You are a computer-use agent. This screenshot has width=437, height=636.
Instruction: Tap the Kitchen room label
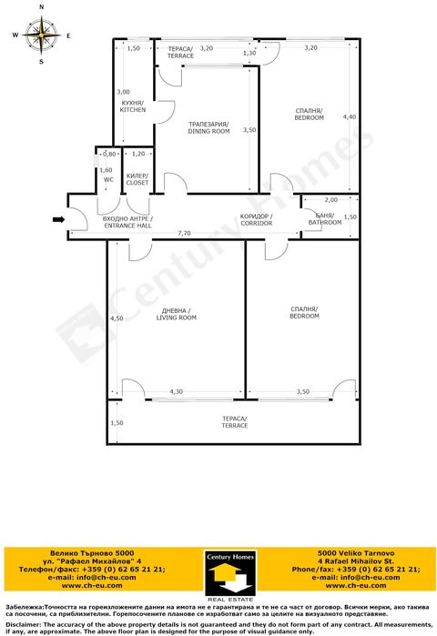(133, 106)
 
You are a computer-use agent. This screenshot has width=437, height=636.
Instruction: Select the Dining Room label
(208, 127)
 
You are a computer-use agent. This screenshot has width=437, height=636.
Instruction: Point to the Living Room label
(177, 315)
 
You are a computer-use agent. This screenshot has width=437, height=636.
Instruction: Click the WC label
(107, 179)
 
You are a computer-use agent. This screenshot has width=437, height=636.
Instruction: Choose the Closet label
(137, 179)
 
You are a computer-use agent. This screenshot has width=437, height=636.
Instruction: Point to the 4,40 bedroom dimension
(350, 117)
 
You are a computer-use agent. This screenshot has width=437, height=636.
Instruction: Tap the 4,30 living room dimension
(176, 392)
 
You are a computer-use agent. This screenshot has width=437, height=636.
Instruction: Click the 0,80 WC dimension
(107, 154)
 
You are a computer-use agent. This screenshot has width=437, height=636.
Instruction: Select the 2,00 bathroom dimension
(330, 200)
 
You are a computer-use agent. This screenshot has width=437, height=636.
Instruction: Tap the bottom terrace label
(234, 421)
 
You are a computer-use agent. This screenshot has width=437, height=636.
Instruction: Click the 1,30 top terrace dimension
(249, 54)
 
